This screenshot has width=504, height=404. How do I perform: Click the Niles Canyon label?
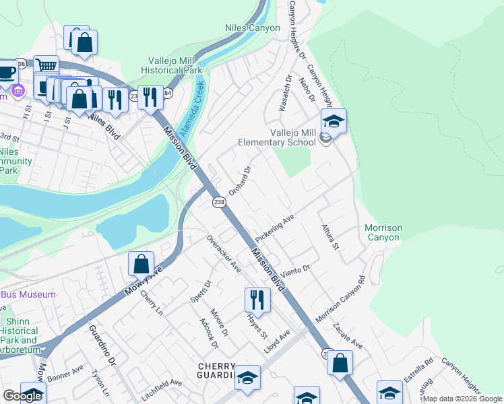coord(251,28)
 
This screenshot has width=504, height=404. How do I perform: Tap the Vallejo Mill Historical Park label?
coord(172,65)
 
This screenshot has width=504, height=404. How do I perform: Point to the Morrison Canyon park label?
coord(384,232)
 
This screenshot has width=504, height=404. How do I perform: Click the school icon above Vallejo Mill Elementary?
coord(333,122)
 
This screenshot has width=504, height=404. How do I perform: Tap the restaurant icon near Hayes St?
coord(257,300)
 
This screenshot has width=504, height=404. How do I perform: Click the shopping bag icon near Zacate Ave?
coord(340,363)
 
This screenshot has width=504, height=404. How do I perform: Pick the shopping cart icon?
coord(46,67)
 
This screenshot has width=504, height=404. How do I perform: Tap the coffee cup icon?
coord(6,71)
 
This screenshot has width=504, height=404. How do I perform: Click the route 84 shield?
coord(167,94)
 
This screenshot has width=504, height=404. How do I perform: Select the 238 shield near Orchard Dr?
coord(218,202)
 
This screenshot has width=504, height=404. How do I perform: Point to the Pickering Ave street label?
coord(275,228)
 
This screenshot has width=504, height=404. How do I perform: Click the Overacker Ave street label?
coord(224,253)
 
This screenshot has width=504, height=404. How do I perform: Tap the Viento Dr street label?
coord(296,270)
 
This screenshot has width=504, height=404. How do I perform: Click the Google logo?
coord(22,396)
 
